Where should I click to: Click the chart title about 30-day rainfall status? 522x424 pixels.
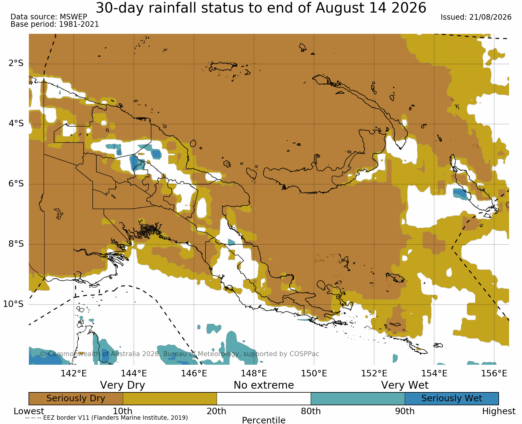pos(261,8)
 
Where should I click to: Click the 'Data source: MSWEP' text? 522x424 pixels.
pos(49,17)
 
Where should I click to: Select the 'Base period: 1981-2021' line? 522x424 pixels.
pos(55,24)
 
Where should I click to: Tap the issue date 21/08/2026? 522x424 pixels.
pos(490,17)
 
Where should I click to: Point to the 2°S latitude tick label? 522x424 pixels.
pos(16,63)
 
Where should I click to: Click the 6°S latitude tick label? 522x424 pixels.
pos(16,184)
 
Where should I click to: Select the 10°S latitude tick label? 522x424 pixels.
pos(14,304)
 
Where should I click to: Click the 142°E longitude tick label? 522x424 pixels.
pos(74,373)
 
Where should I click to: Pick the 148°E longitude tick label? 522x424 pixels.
pos(254,373)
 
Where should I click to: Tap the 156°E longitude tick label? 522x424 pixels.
pos(494,373)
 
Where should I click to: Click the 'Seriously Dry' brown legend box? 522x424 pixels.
pos(76,398)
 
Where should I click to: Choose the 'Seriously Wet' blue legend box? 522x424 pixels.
pos(452,398)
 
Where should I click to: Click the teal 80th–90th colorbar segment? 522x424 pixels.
pos(358,398)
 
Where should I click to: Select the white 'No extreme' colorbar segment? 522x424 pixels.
pos(264,398)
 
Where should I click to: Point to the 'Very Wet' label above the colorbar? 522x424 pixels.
pos(405,385)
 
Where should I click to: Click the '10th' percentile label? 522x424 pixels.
pos(123,411)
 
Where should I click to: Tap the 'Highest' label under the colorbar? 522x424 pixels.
pos(499,411)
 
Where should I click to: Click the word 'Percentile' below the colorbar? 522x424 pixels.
pos(264,420)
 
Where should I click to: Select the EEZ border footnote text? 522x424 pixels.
pos(106,418)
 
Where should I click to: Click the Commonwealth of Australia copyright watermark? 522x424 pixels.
pos(180,354)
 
